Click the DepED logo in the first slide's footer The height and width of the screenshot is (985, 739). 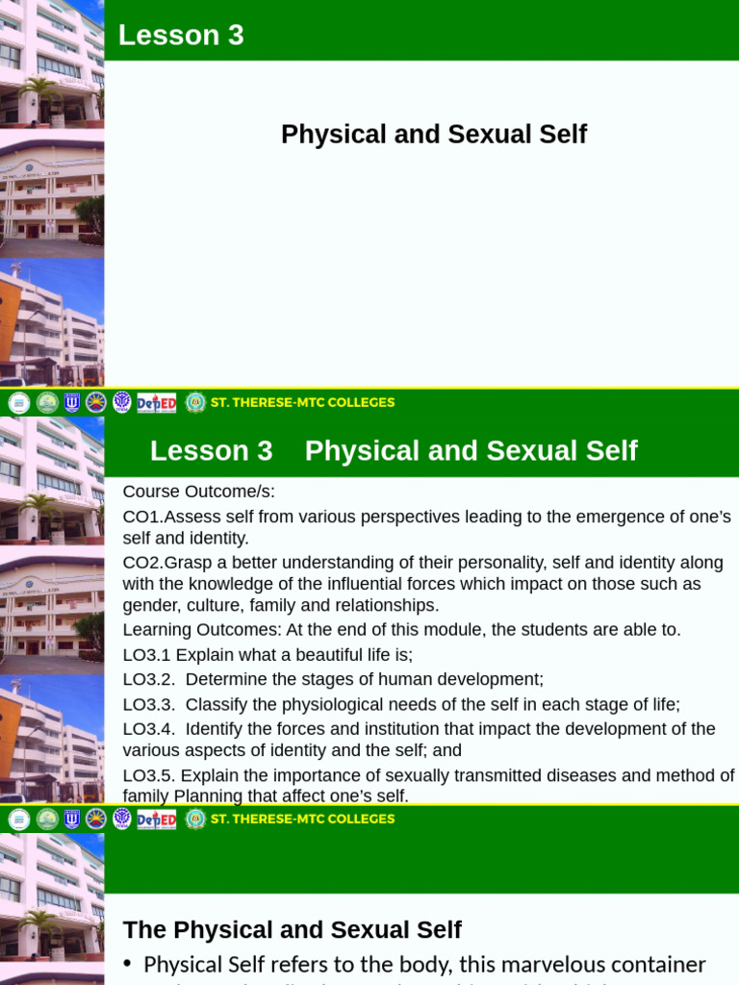157,403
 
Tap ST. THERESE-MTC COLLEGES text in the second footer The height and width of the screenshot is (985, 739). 302,819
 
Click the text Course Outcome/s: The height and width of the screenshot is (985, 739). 199,492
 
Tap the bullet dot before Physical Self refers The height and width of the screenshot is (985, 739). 128,965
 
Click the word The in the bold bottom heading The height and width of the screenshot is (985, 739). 143,930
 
